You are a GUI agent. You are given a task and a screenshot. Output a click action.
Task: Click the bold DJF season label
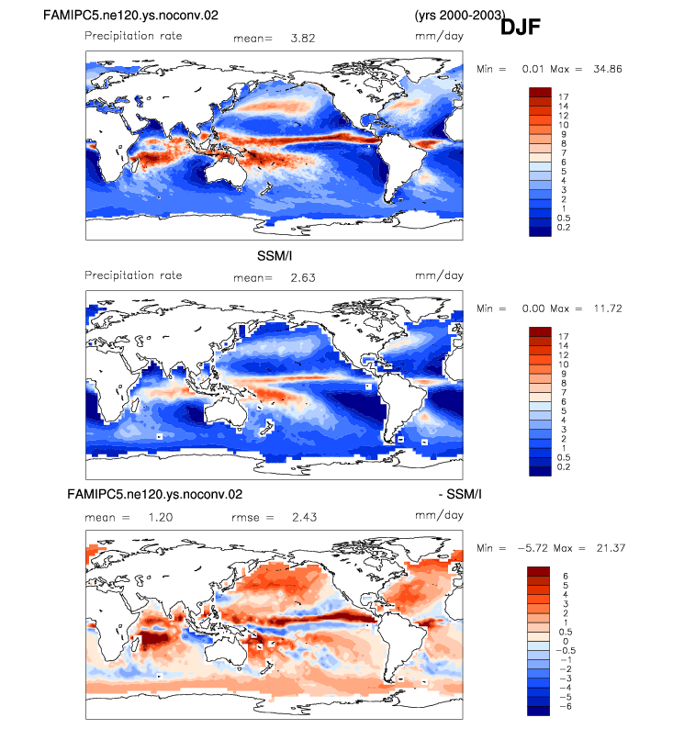coord(520,27)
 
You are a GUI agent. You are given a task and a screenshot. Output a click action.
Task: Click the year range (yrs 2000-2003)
coord(460,15)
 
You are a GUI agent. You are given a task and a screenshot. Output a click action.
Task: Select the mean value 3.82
coord(303,39)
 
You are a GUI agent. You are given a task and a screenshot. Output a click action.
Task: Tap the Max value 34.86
coord(608,69)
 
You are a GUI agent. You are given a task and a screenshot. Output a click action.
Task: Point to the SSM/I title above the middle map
coord(275,256)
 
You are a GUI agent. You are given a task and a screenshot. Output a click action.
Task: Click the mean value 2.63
coord(303,277)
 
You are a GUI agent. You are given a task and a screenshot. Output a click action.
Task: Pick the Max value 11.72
coord(608,308)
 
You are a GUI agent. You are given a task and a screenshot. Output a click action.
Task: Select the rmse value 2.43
coord(305,517)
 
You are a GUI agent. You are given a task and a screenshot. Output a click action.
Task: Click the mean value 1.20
coord(161,517)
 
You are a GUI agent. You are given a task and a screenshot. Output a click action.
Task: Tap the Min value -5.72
coord(533,548)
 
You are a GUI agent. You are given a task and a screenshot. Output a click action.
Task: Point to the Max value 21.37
coord(611,548)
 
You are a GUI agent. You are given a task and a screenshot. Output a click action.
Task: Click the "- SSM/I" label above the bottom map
coord(460,494)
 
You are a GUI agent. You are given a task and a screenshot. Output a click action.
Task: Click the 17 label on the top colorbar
coord(564,96)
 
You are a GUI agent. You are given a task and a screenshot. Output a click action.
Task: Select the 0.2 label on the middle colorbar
coord(564,466)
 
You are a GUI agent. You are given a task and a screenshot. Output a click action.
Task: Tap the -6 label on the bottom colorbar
coord(566,706)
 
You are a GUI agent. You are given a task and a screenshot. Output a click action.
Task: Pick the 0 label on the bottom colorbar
coord(566,641)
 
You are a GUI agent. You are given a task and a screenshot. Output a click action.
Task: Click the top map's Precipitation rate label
coord(133,36)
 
